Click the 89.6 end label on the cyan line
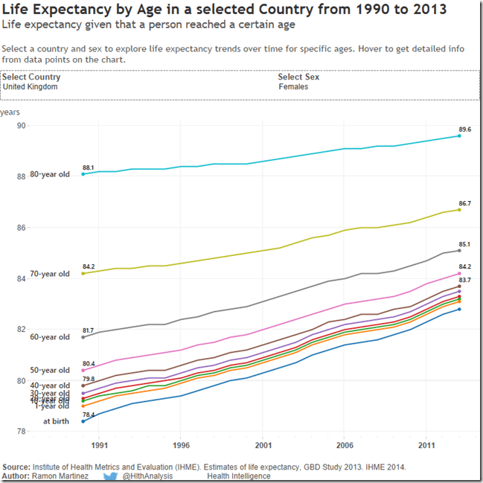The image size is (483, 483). pyautogui.click(x=464, y=129)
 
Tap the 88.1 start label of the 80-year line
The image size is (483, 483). pyautogui.click(x=88, y=167)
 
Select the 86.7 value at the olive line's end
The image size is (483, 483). pyautogui.click(x=464, y=202)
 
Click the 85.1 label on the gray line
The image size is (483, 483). pyautogui.click(x=464, y=243)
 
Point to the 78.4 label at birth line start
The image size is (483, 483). pyautogui.click(x=88, y=414)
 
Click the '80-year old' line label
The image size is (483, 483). pyautogui.click(x=50, y=174)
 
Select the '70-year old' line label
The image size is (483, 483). pyautogui.click(x=50, y=274)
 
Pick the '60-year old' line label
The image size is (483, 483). pyautogui.click(x=50, y=337)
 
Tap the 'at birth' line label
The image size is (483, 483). pyautogui.click(x=57, y=421)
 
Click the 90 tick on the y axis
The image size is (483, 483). pyautogui.click(x=22, y=125)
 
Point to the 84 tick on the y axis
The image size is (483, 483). pyautogui.click(x=22, y=278)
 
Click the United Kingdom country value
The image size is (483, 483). pyautogui.click(x=30, y=86)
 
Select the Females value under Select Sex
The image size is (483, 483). pyautogui.click(x=293, y=86)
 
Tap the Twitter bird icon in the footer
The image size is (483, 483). pyautogui.click(x=110, y=476)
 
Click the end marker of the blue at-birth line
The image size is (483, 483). pyautogui.click(x=459, y=309)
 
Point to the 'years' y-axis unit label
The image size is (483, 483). pyautogui.click(x=10, y=112)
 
